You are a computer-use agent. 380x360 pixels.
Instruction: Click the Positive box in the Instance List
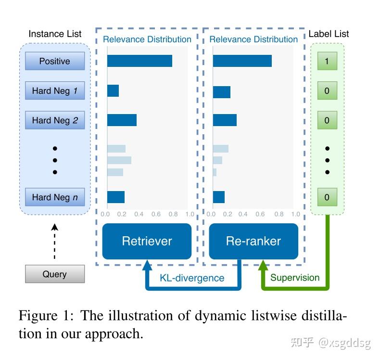coord(55,61)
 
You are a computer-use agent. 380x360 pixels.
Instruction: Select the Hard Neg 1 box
coord(55,90)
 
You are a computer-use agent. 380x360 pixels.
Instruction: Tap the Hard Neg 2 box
coord(55,120)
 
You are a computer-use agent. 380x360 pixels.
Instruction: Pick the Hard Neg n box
coord(55,197)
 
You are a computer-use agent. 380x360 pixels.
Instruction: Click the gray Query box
coord(55,274)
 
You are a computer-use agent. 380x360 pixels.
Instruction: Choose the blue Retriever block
coord(147,241)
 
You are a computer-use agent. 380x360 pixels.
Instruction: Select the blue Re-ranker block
coord(253,241)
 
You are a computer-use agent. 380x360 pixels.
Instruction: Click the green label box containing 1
coord(327,61)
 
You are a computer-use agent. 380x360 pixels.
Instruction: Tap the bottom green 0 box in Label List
coord(327,197)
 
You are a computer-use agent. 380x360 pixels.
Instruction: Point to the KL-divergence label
coord(192,278)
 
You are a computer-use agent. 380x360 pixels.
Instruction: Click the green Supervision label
coord(295,278)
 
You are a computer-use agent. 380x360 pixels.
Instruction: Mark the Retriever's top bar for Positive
coord(139,61)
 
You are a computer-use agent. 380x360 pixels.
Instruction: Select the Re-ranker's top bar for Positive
coord(242,61)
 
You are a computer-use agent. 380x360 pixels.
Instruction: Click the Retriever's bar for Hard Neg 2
coord(122,120)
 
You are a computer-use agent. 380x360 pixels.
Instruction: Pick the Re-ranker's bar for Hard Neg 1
coord(221,92)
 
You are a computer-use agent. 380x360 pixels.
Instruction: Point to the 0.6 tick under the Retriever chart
coord(156,214)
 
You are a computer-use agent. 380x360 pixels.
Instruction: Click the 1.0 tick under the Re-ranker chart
coord(296,214)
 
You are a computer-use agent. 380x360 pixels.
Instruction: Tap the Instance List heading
coord(55,34)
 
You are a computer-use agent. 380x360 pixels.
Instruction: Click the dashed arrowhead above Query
coord(54,227)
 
